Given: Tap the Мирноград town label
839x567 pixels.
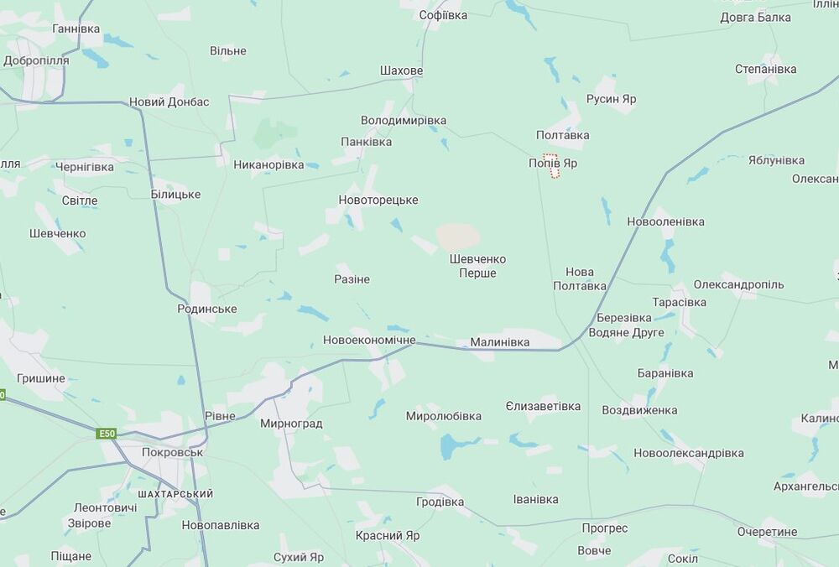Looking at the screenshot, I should (x=291, y=424).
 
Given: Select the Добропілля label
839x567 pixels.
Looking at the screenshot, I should (x=36, y=60).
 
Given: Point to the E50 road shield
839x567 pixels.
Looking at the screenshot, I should (x=106, y=434).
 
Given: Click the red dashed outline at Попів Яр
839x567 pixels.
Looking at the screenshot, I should (x=551, y=166).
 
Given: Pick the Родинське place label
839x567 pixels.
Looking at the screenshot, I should (x=206, y=309).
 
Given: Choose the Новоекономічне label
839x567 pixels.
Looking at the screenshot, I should (x=369, y=340).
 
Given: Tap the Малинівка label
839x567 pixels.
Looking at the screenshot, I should (x=499, y=342).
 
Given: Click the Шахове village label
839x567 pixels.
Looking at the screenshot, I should (x=401, y=70).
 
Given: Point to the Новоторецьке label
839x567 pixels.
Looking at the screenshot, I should (x=378, y=200).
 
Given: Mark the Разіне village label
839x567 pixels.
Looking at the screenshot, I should (x=352, y=278).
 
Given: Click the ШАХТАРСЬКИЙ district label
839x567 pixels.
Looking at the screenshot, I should (x=175, y=494).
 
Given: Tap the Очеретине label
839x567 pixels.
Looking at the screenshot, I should (x=767, y=532).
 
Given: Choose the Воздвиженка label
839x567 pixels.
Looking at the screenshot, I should (x=639, y=410).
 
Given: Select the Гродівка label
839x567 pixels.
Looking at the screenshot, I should (x=440, y=502).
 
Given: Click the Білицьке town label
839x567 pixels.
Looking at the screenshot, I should (x=175, y=194).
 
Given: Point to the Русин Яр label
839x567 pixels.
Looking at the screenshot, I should (x=611, y=99).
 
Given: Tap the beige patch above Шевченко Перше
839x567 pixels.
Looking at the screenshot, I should (x=458, y=236).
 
